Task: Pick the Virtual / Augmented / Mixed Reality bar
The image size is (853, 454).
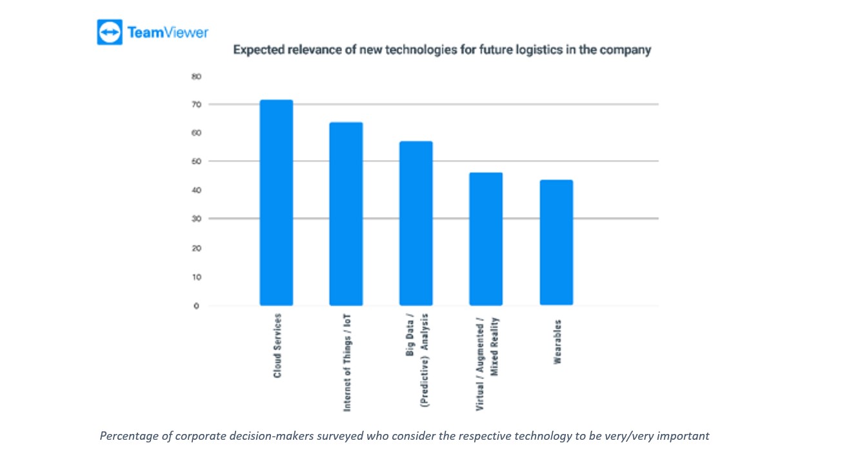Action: point(486,239)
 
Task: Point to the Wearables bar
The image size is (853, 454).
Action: point(556,242)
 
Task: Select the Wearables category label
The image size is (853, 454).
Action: point(557,342)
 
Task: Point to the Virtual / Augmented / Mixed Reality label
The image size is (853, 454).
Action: point(487,364)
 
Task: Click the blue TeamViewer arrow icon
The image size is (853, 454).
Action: point(109,32)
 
